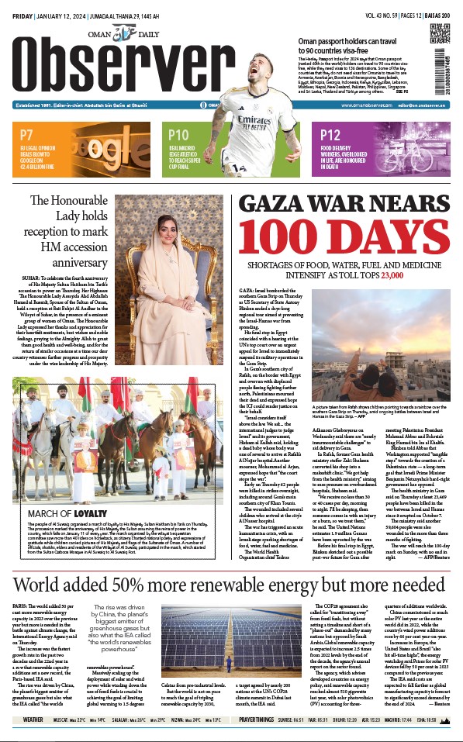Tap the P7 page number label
[x=27, y=134]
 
